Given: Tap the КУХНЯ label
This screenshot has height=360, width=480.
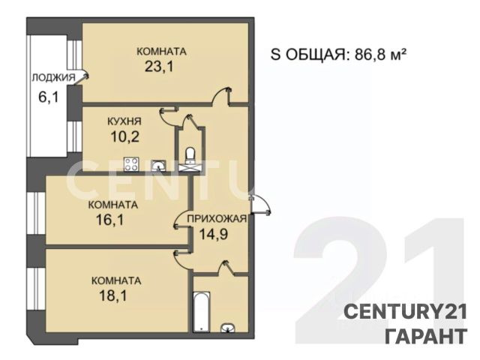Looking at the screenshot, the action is (124, 121).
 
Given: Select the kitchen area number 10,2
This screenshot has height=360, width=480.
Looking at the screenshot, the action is (125, 136).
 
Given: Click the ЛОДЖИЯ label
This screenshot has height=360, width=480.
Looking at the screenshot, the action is (53, 77).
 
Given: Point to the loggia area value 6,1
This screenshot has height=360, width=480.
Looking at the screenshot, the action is (48, 97).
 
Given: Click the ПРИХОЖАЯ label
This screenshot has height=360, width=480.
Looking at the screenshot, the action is (217, 218).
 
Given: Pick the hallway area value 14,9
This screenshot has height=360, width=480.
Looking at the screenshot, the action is (213, 235).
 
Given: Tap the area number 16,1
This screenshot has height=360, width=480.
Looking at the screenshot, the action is (110, 219).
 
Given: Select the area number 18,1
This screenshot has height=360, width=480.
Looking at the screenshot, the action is (113, 295).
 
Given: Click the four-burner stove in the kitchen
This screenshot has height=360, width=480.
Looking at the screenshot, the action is (132, 164).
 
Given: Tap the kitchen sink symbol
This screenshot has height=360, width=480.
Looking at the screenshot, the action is (159, 166).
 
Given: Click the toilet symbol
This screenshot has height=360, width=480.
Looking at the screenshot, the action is (190, 154).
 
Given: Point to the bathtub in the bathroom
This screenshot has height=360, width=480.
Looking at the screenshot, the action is (202, 311).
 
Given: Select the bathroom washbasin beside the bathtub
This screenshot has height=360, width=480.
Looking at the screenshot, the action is (228, 328).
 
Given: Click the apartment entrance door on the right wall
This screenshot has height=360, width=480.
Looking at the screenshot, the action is (259, 204).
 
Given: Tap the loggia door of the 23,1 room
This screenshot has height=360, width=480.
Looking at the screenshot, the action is (81, 78).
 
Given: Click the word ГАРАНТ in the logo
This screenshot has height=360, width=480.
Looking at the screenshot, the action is (425, 336).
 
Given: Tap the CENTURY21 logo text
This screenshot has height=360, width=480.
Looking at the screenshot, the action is (406, 312).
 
